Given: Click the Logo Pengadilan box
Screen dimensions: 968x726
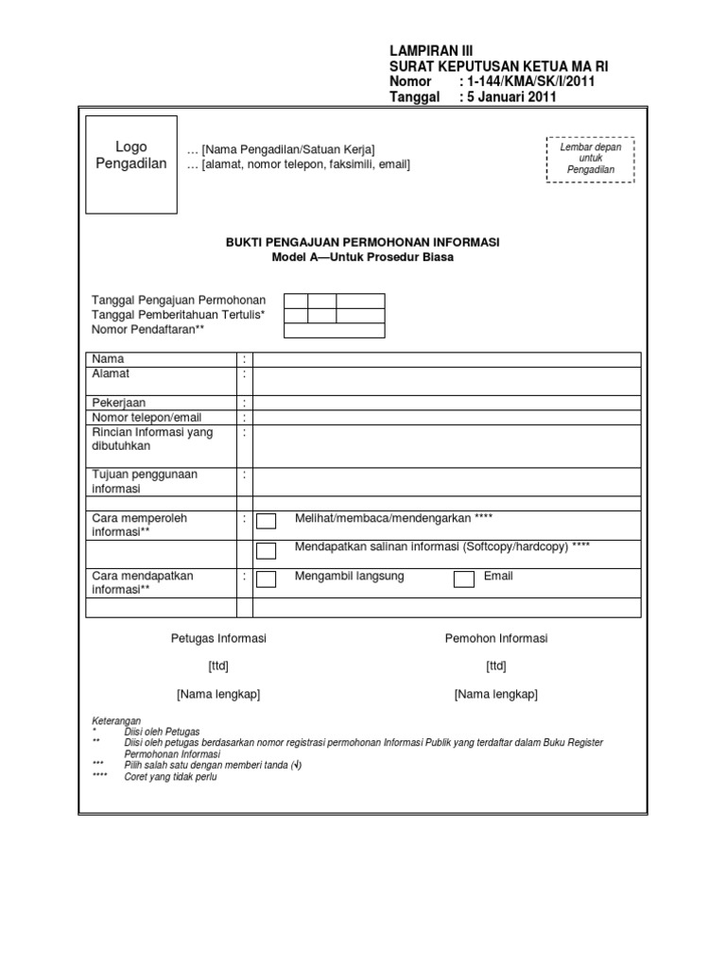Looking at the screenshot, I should [x=131, y=164].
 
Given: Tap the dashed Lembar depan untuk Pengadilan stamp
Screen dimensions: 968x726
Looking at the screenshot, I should [x=590, y=158].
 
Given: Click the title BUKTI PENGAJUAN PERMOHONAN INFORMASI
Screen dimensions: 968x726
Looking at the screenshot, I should [x=362, y=243].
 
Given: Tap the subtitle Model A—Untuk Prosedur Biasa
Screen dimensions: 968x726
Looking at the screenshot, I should [x=362, y=257].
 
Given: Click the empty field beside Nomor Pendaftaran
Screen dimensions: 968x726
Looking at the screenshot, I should [x=334, y=330].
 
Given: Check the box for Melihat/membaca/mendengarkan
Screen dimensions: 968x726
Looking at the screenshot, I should [x=267, y=521].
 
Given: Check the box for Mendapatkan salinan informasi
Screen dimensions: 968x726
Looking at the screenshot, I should [x=267, y=550].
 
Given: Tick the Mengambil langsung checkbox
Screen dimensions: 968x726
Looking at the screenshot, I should [x=267, y=579].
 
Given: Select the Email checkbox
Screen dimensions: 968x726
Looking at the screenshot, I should [x=463, y=579].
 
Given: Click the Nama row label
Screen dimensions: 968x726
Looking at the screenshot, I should [x=108, y=359].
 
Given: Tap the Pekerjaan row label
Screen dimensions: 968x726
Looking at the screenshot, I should [x=118, y=403].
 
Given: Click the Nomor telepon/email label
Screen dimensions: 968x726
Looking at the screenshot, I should [x=147, y=417].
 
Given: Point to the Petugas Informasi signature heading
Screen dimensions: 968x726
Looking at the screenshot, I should [x=218, y=639].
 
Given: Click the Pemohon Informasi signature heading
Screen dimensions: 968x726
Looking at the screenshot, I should [x=496, y=639].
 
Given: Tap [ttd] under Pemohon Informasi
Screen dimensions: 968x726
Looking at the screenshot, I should [x=496, y=666].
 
